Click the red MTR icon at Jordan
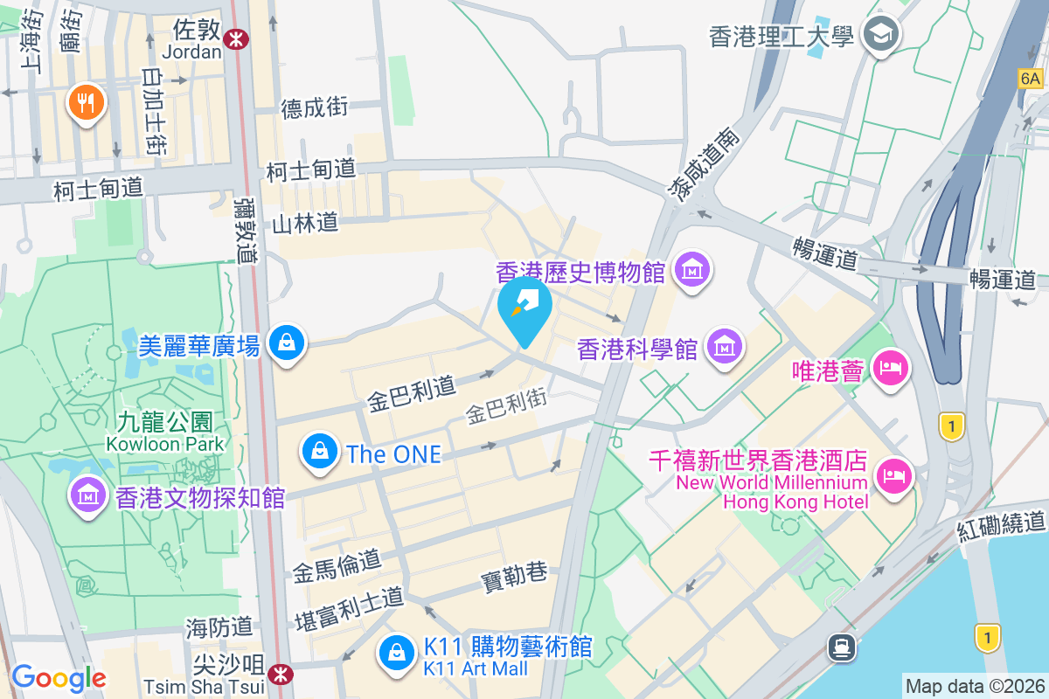(x=234, y=38)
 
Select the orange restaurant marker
(x=86, y=104)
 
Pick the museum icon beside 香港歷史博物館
(x=692, y=272)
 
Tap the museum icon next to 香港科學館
(x=724, y=348)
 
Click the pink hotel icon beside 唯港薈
(x=890, y=370)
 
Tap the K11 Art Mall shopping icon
(x=397, y=652)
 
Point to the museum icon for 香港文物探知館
(x=87, y=497)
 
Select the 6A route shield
(x=1031, y=79)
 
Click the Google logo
(x=59, y=678)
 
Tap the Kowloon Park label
(x=165, y=444)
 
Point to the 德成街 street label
(x=315, y=107)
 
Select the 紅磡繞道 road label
(x=1001, y=524)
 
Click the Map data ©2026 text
(x=974, y=686)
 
